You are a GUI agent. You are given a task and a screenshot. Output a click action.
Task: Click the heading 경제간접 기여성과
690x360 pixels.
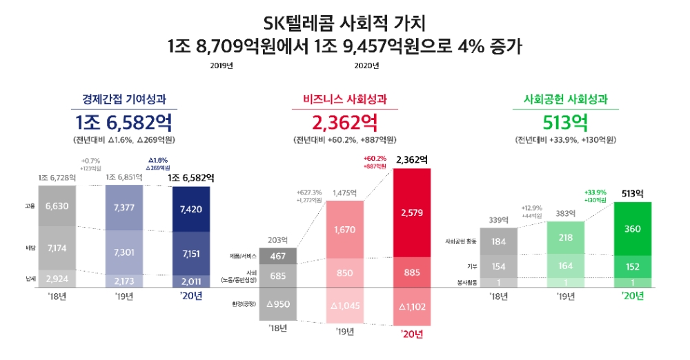click(x=125, y=99)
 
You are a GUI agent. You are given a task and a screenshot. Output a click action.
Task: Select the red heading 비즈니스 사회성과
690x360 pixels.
click(x=345, y=99)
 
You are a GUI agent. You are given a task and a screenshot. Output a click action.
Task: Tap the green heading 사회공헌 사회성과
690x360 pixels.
click(x=565, y=99)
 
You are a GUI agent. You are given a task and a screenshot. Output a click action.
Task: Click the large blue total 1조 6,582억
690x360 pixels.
click(x=125, y=123)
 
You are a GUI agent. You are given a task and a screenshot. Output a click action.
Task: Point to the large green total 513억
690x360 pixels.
click(x=565, y=123)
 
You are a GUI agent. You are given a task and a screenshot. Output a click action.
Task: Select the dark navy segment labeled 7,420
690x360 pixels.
click(x=191, y=208)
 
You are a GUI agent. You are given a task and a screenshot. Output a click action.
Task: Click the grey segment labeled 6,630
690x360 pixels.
click(x=57, y=206)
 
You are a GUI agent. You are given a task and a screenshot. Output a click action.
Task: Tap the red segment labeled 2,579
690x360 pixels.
click(x=412, y=212)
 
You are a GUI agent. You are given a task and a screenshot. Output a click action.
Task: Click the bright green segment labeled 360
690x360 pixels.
click(x=633, y=228)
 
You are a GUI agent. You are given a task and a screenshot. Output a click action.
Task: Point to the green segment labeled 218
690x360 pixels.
click(x=565, y=237)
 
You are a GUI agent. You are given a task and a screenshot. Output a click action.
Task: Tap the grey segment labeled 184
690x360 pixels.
click(x=497, y=241)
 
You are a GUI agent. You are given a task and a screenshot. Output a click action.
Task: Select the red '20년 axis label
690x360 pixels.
click(x=412, y=335)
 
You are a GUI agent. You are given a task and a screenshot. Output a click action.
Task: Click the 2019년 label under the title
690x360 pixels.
click(x=221, y=66)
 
